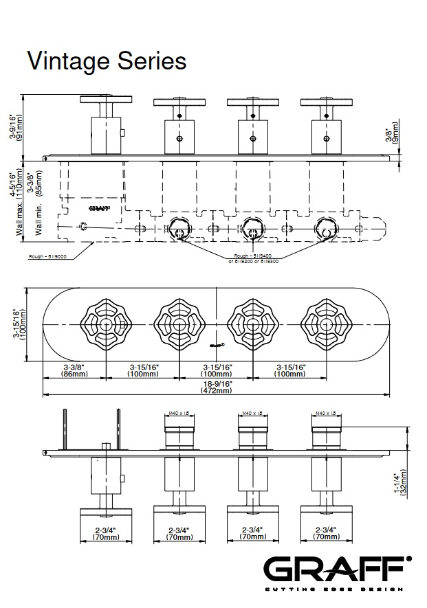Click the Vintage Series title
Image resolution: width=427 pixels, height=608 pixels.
tap(107, 61)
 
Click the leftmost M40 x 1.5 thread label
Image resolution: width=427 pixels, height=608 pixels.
tap(178, 413)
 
